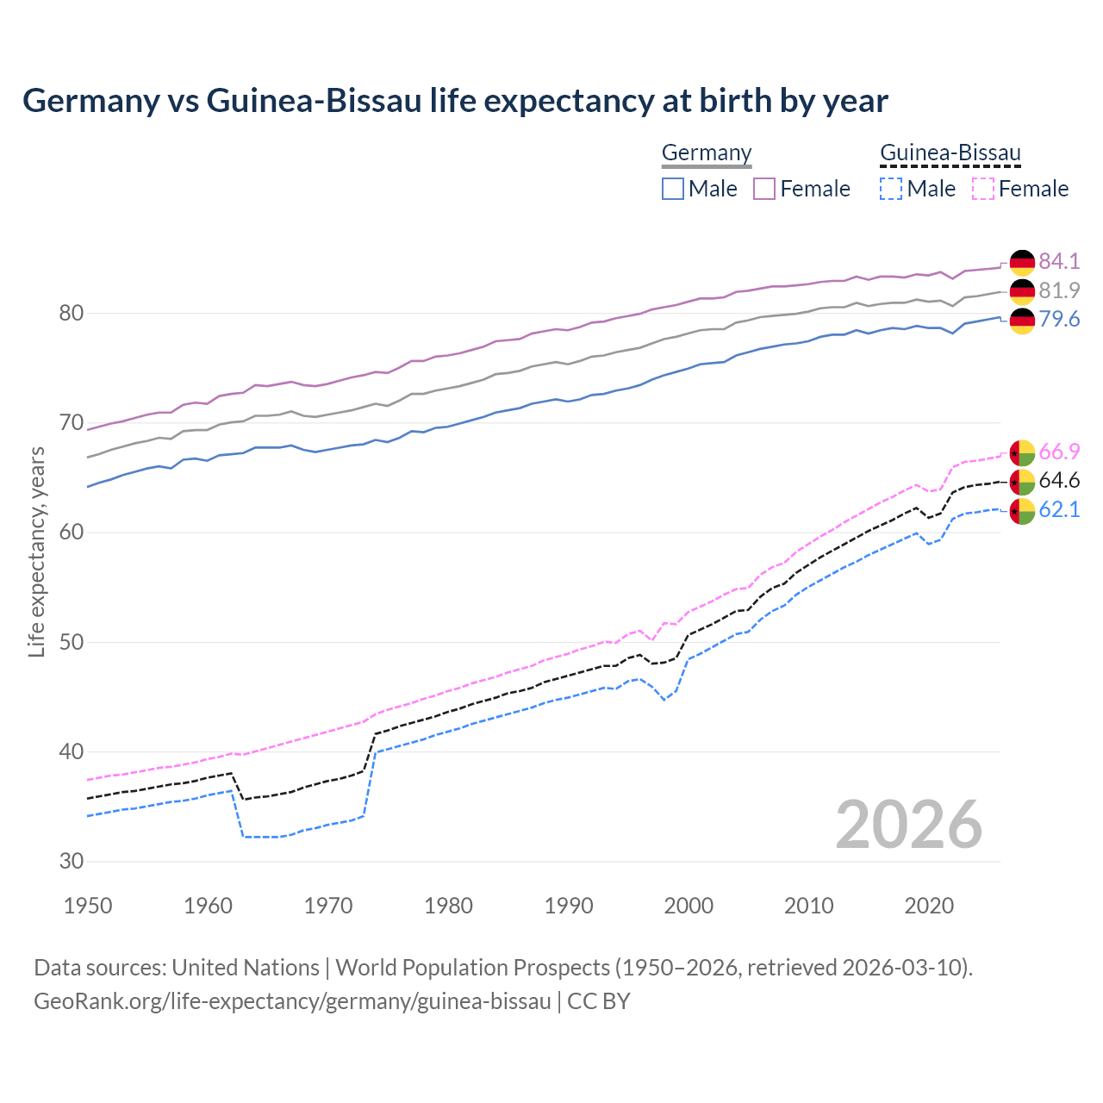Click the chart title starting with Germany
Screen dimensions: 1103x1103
coord(455,101)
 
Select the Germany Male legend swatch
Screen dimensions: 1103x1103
coord(673,189)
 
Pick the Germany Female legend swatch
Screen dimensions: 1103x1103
coord(764,189)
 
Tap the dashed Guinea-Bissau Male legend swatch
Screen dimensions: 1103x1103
coord(891,189)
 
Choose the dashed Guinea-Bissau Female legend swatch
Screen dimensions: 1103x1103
coord(982,189)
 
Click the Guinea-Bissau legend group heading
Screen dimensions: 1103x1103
coord(950,153)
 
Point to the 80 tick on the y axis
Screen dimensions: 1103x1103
coord(71,313)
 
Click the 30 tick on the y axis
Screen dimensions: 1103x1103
coord(71,861)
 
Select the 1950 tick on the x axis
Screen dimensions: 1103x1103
coord(88,906)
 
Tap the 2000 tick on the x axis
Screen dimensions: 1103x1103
coord(689,906)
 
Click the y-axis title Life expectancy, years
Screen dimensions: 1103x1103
coord(36,551)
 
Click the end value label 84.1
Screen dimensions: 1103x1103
coord(1059,261)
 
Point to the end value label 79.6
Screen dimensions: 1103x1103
coord(1059,320)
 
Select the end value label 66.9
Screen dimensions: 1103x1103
coord(1059,452)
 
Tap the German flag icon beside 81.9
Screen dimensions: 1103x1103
coord(1022,291)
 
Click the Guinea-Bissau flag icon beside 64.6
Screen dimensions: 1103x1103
coord(1022,482)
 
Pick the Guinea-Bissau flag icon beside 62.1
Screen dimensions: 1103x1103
coord(1022,511)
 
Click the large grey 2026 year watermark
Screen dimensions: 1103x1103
coord(909,825)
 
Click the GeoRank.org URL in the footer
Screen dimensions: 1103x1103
coord(292,1001)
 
